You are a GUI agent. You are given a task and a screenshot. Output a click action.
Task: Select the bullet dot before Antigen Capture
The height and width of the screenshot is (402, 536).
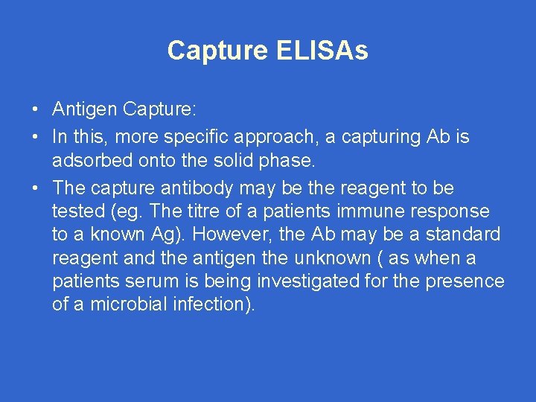click(36, 111)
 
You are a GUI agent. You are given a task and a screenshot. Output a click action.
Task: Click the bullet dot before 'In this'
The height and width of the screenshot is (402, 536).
click(36, 138)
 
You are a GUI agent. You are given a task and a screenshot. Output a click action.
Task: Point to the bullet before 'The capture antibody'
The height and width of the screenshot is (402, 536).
click(36, 188)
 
